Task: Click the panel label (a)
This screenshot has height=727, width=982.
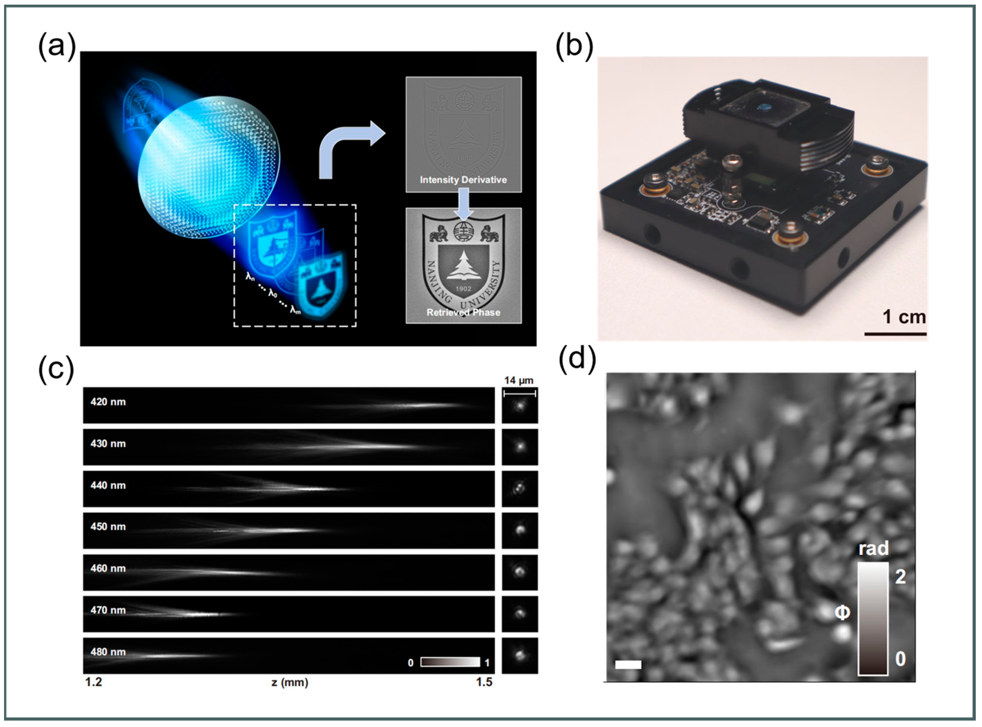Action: tap(57, 46)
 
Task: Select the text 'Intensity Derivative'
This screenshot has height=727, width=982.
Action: tap(463, 180)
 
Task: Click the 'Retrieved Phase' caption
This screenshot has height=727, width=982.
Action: tap(463, 312)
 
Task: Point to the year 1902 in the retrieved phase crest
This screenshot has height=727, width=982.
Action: tap(463, 289)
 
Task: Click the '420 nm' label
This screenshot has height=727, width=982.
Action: tap(108, 402)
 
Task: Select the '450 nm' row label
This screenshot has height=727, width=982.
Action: tap(108, 527)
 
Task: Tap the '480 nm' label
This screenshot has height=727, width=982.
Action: tap(108, 652)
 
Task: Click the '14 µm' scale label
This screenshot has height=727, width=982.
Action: tap(519, 380)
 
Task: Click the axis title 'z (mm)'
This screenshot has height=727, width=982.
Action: tap(289, 682)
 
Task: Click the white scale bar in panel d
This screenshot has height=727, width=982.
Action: tap(628, 665)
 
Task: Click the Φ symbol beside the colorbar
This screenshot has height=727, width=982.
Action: tap(842, 612)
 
